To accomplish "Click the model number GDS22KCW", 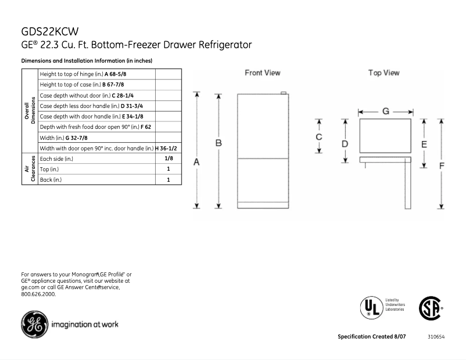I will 49,32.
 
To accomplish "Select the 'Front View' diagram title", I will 262,73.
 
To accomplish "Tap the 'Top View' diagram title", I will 383,73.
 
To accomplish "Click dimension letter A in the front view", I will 197,163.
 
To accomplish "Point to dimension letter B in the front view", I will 218,143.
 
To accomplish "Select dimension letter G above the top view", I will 385,111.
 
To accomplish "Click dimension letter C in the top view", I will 319,137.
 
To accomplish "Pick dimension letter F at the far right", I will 442,165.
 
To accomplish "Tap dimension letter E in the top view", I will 424,144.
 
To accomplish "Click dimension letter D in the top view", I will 345,143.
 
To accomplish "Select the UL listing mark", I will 370,307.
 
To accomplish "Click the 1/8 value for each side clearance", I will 169,159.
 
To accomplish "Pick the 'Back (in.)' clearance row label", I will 50,180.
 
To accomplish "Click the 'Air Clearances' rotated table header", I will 30,169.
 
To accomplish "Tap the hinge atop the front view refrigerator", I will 283,93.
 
